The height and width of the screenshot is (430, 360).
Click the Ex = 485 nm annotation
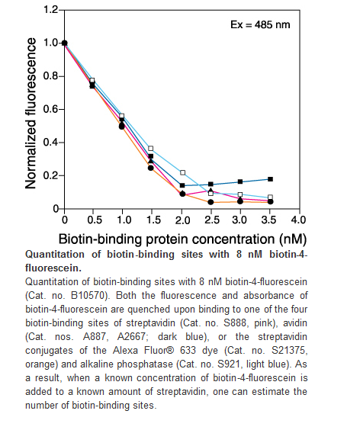pos(260,24)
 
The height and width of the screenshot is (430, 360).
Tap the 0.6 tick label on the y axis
pos(50,109)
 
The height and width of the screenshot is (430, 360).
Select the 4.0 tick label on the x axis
pos(298,220)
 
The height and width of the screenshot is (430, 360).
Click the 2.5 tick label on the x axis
pos(212,220)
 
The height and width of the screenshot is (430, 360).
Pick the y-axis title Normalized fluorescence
pos(31,114)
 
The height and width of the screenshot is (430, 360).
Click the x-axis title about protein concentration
pos(182,239)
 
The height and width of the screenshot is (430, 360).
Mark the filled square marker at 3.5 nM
pos(270,179)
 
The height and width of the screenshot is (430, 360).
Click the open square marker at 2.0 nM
pos(183,172)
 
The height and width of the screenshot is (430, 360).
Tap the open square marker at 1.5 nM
pos(151,149)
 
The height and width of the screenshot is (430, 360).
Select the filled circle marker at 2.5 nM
pos(211,202)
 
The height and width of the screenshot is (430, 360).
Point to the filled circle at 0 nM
pos(65,43)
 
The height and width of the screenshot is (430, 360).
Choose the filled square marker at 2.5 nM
pos(211,184)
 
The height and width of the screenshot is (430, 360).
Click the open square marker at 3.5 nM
pos(270,197)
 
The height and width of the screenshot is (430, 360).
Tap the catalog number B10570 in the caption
pos(88,296)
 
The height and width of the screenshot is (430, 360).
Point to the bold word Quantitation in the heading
pos(55,255)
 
